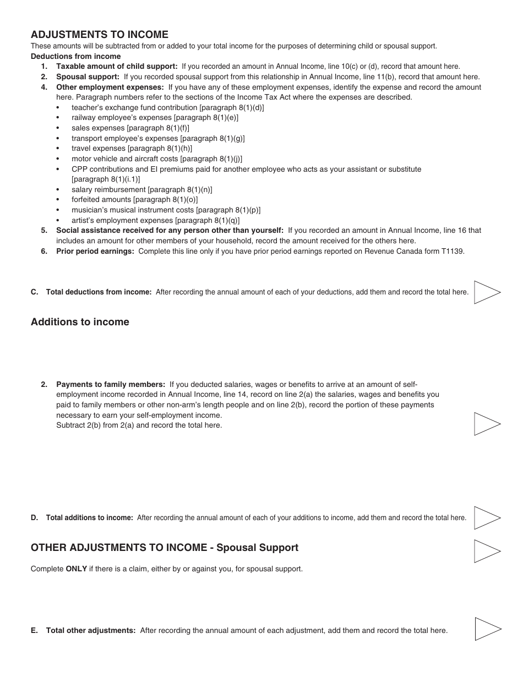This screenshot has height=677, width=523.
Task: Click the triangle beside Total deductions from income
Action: point(486,292)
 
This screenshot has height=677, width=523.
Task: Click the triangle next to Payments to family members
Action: point(486,424)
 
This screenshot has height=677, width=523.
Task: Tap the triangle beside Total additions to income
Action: point(486,518)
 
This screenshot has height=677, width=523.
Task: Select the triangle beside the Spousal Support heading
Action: point(486,551)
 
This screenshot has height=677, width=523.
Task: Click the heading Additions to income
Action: point(80,322)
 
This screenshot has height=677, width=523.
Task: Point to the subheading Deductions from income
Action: point(75,56)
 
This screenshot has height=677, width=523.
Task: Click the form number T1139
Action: point(453,251)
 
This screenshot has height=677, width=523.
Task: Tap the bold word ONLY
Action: point(77,569)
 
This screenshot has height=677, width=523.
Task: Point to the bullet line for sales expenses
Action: point(130,128)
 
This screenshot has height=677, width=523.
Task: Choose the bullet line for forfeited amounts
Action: point(134,200)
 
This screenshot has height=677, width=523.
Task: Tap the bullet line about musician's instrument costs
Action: point(166,210)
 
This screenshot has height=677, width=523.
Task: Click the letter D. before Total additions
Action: point(35,518)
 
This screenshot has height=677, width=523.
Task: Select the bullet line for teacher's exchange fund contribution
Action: point(167,107)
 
